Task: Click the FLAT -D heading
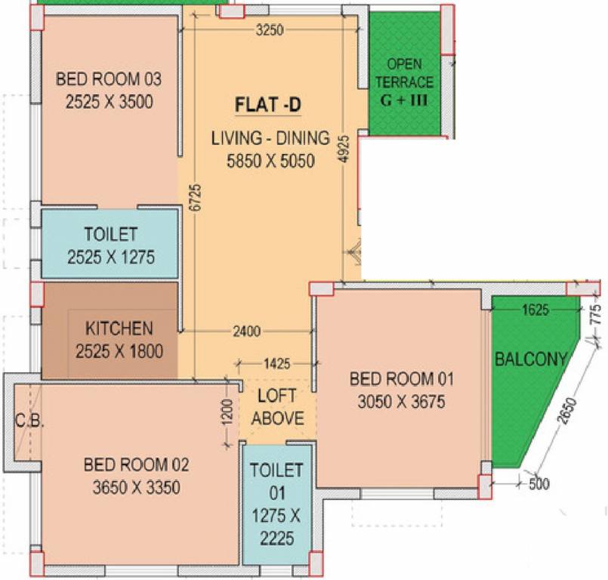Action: (x=268, y=105)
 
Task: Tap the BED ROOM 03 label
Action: (x=109, y=79)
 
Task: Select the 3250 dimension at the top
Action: (x=270, y=30)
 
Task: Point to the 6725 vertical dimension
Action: (x=196, y=198)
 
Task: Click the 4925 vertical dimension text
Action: (x=344, y=149)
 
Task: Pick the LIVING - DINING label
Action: (x=270, y=138)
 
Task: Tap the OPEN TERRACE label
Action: (x=404, y=73)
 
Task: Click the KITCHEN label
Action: (x=119, y=329)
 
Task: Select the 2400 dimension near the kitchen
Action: (x=247, y=332)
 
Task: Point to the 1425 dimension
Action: (x=277, y=364)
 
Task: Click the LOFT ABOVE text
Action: (x=278, y=407)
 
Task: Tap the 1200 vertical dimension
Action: (x=227, y=412)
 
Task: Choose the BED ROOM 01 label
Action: (x=402, y=379)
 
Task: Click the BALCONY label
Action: (x=531, y=359)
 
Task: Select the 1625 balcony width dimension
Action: (x=535, y=310)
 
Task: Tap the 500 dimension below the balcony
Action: (x=539, y=484)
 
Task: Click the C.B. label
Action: (x=29, y=421)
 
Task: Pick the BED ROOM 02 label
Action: (x=137, y=464)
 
